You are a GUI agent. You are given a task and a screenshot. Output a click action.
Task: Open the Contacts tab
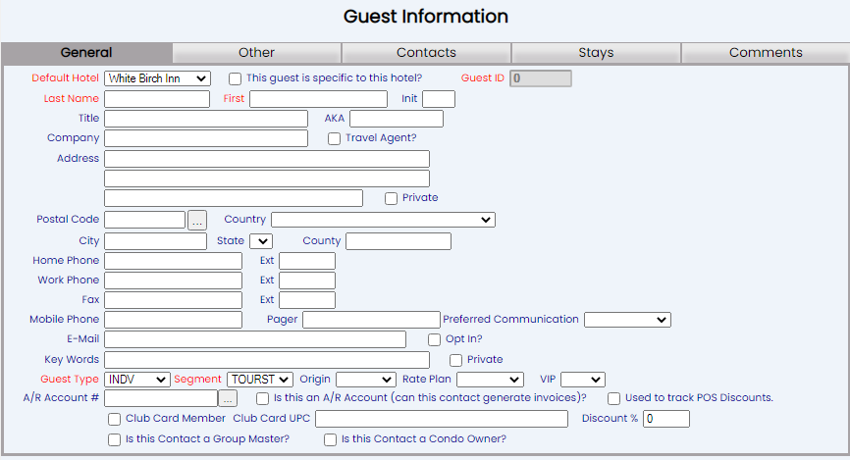pos(426,53)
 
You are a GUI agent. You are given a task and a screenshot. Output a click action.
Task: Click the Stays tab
pos(596,53)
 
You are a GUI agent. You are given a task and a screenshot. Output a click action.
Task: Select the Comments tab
pos(765,53)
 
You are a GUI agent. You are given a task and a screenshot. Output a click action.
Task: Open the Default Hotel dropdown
pos(157,78)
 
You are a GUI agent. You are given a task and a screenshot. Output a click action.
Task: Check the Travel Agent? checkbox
pos(335,139)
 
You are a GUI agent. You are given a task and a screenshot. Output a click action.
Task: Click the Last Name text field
pos(157,99)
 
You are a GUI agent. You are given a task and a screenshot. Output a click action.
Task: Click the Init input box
pos(439,99)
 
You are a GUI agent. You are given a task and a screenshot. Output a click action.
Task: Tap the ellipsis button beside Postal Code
pos(197,221)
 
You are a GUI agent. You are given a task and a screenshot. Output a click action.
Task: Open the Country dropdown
pos(383,221)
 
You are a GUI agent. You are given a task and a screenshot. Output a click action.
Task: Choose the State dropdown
pos(260,241)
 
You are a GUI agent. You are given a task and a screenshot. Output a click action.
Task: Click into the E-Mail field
pos(255,339)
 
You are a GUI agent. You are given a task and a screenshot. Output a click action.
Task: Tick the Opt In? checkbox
pos(436,340)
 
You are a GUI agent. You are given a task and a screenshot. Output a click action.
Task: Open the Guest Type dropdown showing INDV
pos(136,380)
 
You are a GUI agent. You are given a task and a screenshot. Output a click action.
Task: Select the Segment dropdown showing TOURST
pos(260,380)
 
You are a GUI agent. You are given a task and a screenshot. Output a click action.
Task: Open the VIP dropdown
pos(582,380)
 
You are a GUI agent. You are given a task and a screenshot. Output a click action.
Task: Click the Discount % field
pos(666,419)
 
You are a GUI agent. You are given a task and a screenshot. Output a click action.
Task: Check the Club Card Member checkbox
pos(115,420)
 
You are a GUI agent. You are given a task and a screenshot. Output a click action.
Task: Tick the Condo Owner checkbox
pos(331,440)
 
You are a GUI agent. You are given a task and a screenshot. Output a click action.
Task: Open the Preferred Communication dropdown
pos(627,320)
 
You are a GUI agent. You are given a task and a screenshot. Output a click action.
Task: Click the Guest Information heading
pos(426,17)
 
